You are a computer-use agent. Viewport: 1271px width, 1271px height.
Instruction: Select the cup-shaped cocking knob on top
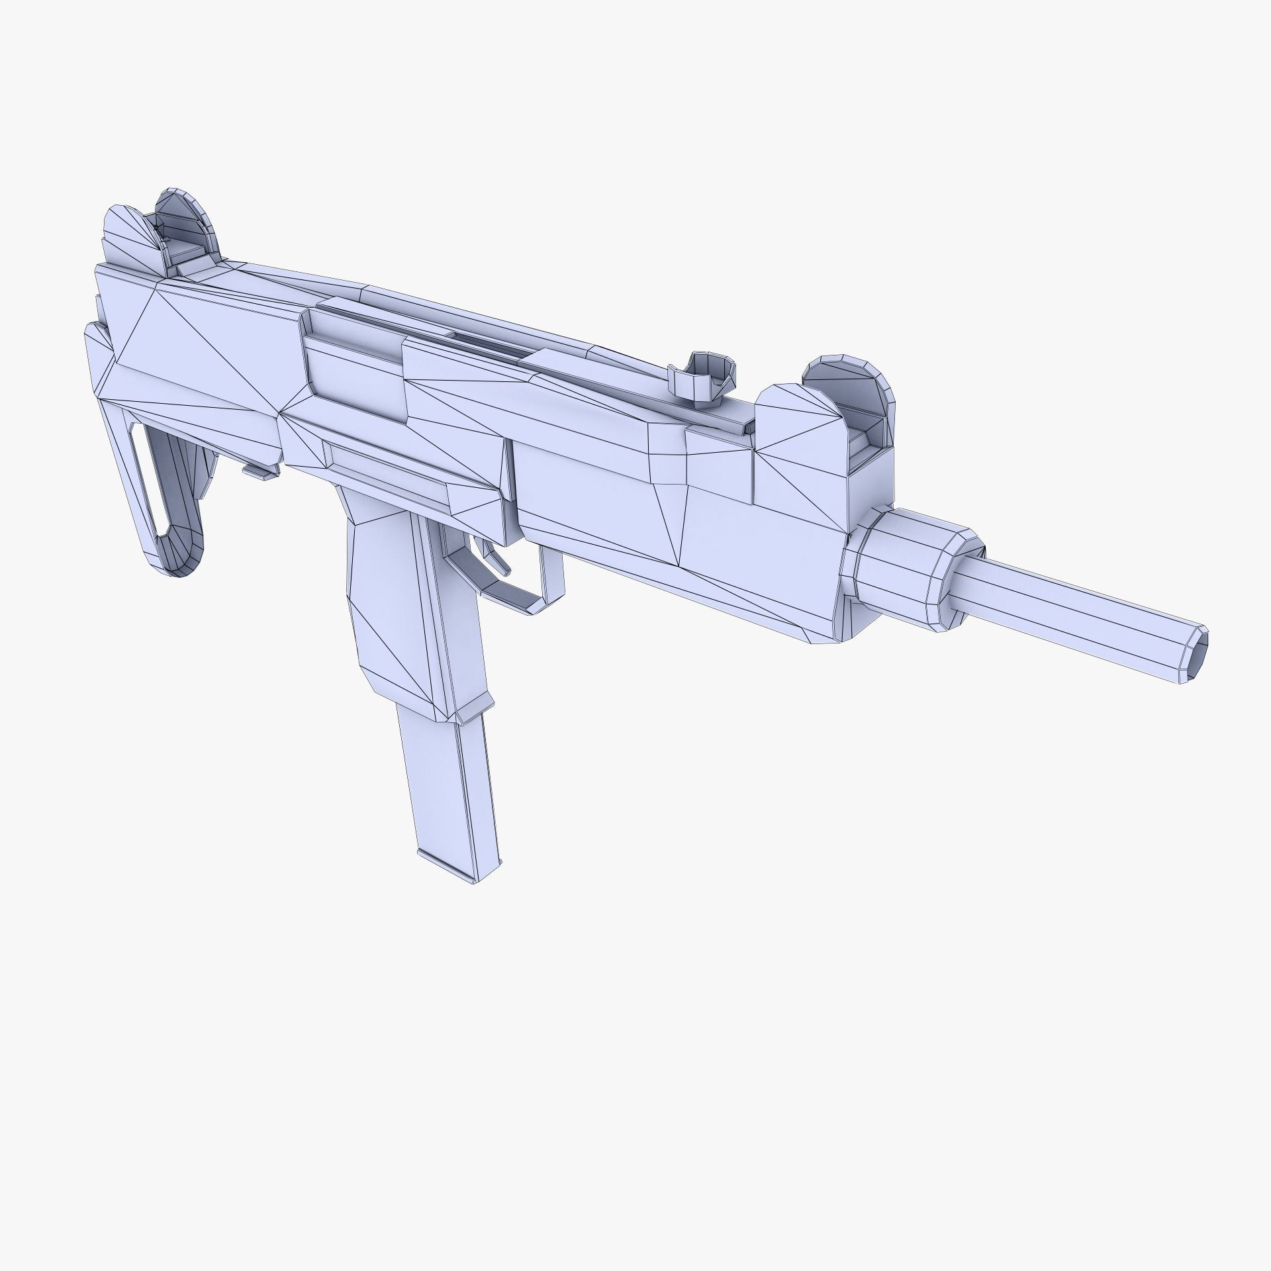(x=702, y=378)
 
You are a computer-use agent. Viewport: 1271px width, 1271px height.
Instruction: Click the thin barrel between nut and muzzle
(x=1072, y=606)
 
